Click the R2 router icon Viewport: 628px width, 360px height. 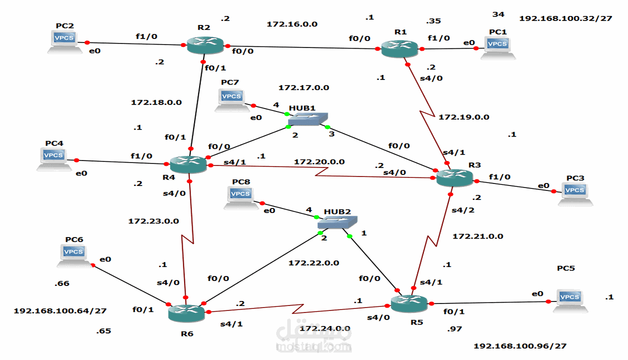point(205,45)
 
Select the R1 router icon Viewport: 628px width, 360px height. point(399,48)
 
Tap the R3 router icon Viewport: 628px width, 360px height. point(454,177)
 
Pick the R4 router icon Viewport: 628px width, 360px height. point(188,164)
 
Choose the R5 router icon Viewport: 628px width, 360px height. point(409,303)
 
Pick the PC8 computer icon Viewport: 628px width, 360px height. point(241,197)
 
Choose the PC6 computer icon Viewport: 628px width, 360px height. point(74,255)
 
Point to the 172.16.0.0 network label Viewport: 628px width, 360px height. point(292,24)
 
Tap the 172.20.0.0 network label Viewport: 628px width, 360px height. point(319,162)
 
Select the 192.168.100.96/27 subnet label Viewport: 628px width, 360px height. point(520,346)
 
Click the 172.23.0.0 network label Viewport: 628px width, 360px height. point(154,220)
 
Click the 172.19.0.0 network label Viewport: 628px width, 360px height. point(463,117)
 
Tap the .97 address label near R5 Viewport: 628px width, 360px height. point(455,329)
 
